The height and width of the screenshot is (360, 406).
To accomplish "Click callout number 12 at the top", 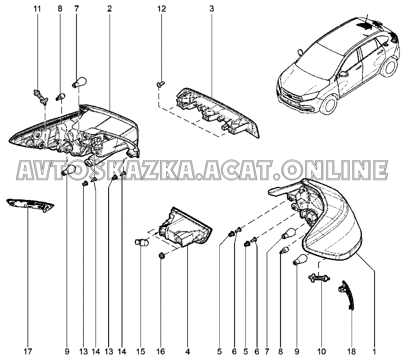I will [x=162, y=9].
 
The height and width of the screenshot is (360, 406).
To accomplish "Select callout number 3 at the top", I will [x=212, y=9].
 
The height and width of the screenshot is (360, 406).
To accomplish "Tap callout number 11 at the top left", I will [x=37, y=9].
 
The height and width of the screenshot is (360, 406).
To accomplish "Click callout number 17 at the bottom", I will [x=28, y=352].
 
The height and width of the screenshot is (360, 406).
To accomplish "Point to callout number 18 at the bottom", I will [x=352, y=352].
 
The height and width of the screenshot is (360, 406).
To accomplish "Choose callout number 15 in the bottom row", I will [x=141, y=352].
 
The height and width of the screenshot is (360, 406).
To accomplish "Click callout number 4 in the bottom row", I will [x=187, y=352].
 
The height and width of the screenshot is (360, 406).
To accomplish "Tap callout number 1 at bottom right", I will [x=373, y=352].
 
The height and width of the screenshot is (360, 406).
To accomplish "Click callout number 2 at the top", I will [x=109, y=9].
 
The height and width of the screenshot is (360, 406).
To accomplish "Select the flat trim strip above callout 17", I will [x=30, y=204].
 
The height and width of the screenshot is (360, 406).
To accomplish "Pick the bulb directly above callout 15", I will [x=140, y=241].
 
